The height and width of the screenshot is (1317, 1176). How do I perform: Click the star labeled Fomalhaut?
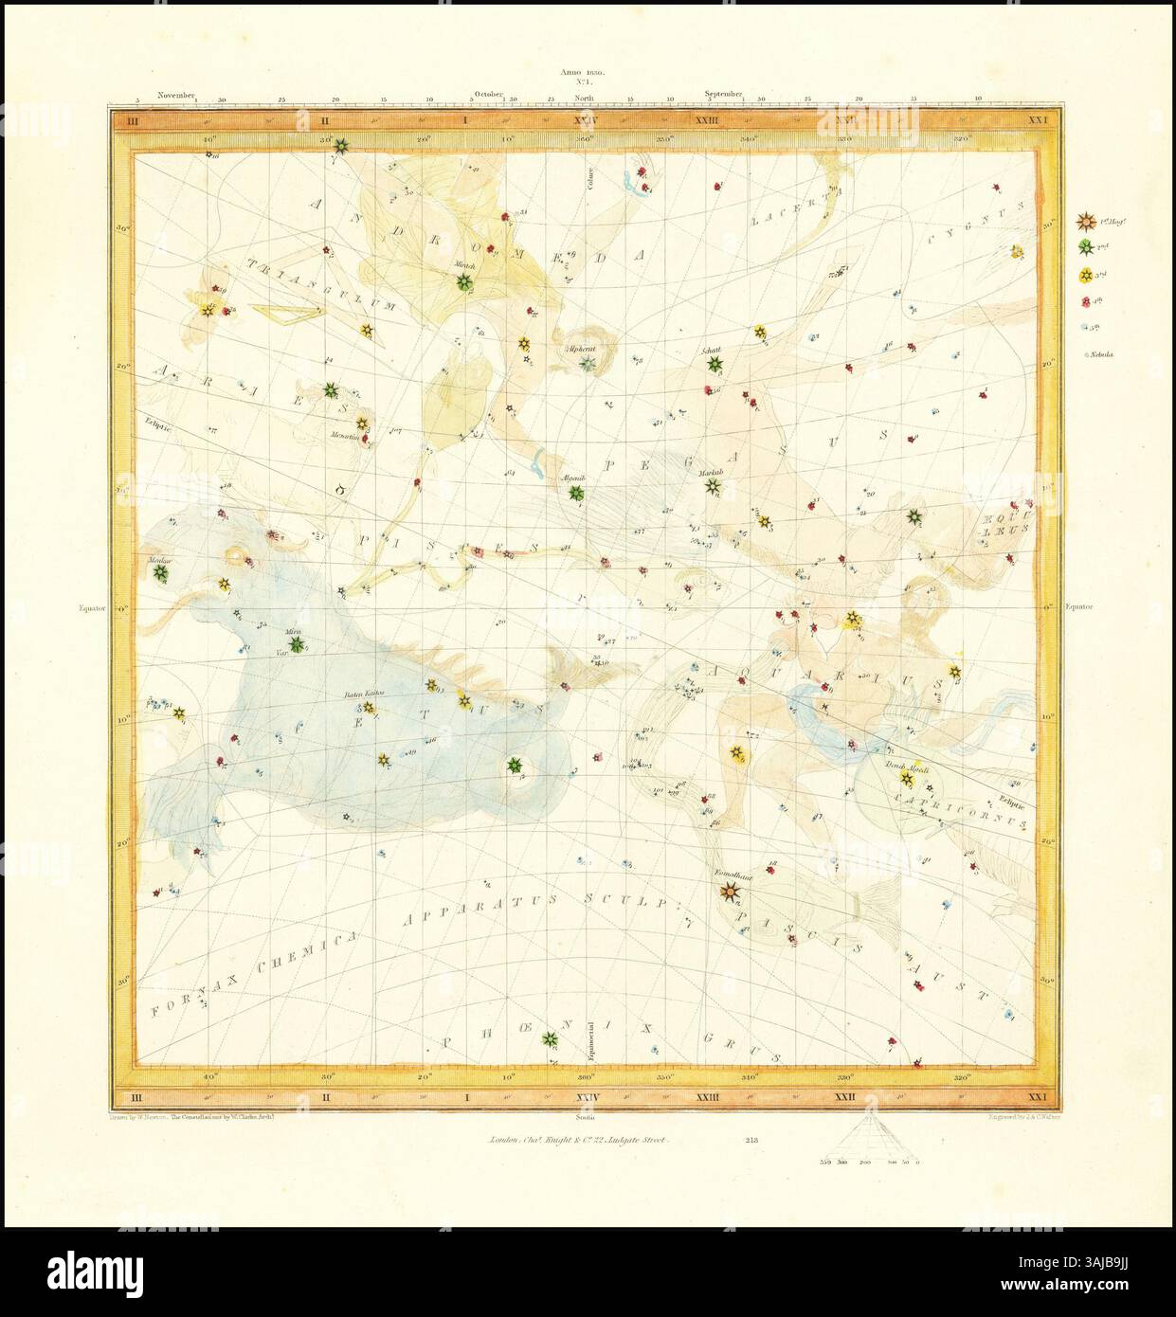click(729, 891)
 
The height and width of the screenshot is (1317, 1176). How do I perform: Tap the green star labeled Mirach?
click(464, 281)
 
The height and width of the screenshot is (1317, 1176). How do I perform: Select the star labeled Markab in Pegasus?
click(713, 488)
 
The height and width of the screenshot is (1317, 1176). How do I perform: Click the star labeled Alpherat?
click(587, 364)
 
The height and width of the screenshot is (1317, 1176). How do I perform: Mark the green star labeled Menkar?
click(160, 573)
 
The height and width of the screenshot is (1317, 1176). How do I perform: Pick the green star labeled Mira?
click(297, 644)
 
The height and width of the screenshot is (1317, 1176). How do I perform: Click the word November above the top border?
click(176, 95)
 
